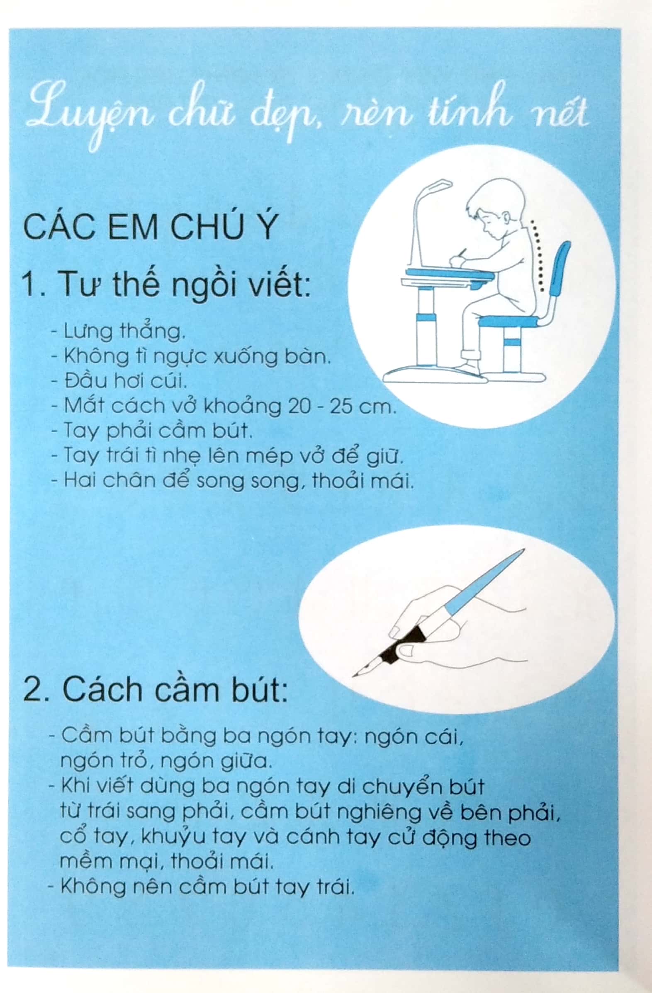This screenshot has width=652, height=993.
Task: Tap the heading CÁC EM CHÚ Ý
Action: [x=150, y=228]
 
